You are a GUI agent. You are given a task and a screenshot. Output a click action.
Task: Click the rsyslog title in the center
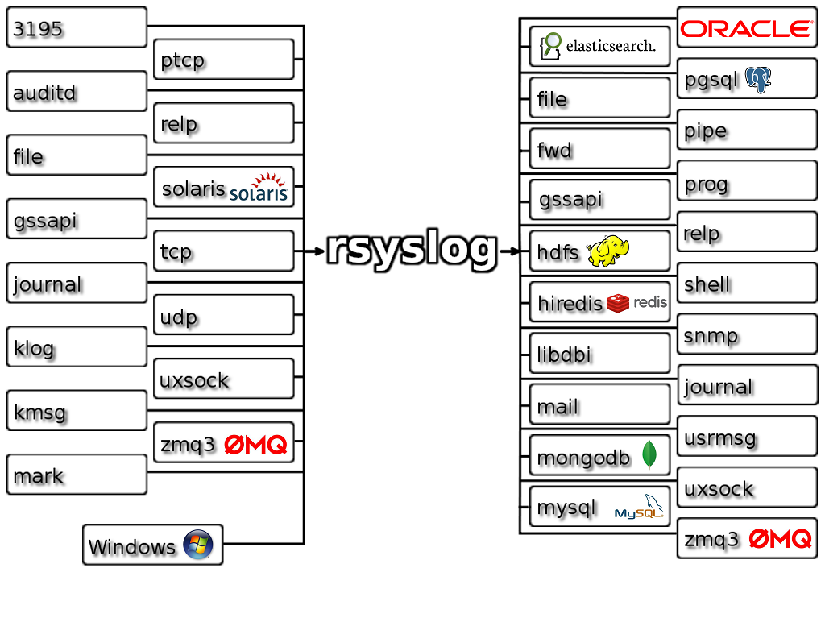(x=412, y=250)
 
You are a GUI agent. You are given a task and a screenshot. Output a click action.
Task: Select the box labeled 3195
(x=77, y=27)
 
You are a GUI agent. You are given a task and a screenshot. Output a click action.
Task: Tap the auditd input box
(x=77, y=92)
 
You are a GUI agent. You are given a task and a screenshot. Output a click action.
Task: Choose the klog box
(x=77, y=346)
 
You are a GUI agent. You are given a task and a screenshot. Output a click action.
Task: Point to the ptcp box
(x=224, y=60)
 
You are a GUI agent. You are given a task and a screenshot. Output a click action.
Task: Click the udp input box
(x=224, y=315)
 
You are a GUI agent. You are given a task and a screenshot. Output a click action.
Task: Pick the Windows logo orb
(x=198, y=544)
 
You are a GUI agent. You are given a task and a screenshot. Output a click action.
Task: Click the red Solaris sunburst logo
(x=269, y=180)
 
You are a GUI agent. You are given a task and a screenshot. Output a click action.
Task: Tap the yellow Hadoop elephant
(x=608, y=251)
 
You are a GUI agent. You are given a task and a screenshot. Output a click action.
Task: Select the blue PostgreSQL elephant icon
(x=758, y=80)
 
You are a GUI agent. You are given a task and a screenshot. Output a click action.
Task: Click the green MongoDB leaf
(x=650, y=454)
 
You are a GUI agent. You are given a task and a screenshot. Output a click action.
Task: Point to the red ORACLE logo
(x=747, y=28)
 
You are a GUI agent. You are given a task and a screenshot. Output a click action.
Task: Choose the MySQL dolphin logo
(x=640, y=507)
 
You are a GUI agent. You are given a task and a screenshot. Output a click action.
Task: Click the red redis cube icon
(x=618, y=303)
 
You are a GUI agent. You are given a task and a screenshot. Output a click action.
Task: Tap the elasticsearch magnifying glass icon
(x=550, y=46)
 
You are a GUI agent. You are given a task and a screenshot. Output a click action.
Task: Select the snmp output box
(x=747, y=334)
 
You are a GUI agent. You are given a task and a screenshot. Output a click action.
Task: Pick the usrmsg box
(x=747, y=437)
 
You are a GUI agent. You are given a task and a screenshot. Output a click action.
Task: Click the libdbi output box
(x=599, y=354)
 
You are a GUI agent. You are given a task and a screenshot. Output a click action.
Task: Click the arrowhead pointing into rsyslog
(x=319, y=251)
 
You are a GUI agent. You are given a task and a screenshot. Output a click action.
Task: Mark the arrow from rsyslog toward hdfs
(x=509, y=251)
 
